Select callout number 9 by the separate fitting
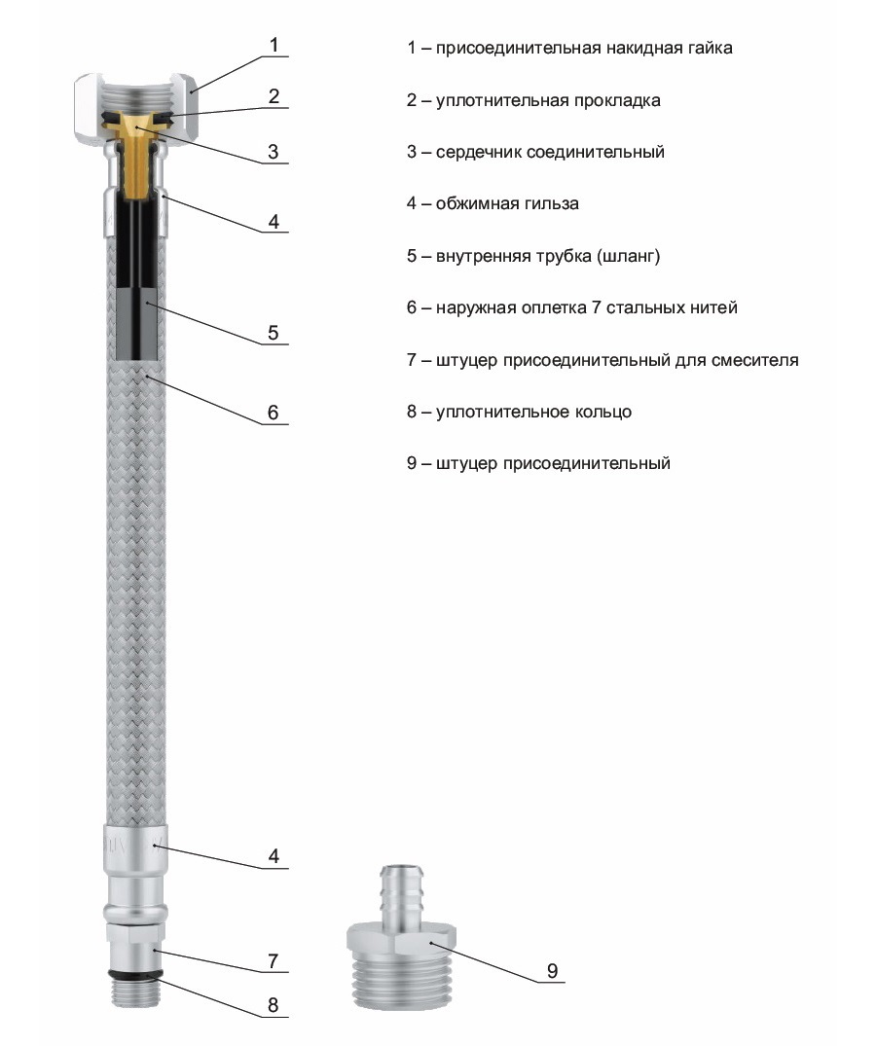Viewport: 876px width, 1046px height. coord(552,970)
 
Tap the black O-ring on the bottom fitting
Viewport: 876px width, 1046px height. coord(132,972)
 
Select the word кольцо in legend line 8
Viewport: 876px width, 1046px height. coord(602,412)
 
